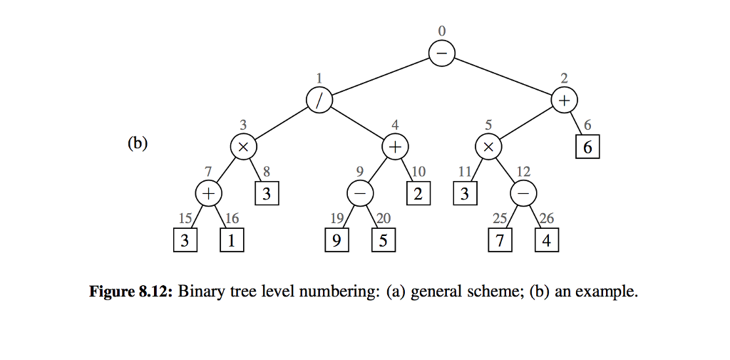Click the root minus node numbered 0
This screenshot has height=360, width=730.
pos(442,53)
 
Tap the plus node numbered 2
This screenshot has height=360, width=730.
pos(565,100)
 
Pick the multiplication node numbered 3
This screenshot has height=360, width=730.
pos(243,147)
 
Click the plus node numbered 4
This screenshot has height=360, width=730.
pos(395,147)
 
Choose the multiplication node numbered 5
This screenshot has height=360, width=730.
pos(488,147)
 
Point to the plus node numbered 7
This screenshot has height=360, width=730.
pos(209,193)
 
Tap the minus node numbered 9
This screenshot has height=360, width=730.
pos(360,193)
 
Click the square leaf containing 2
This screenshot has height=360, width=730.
pos(418,193)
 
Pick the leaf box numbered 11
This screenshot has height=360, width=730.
pos(465,193)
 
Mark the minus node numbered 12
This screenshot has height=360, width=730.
pos(523,193)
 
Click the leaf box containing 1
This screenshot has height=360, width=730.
pos(232,240)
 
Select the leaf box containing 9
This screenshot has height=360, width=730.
pos(336,240)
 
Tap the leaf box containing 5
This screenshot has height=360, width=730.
pos(384,240)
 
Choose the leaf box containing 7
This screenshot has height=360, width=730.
pos(500,240)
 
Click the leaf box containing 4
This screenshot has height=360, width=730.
pos(547,240)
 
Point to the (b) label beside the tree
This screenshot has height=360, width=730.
pos(137,143)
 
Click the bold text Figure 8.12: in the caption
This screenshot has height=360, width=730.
pos(131,292)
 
